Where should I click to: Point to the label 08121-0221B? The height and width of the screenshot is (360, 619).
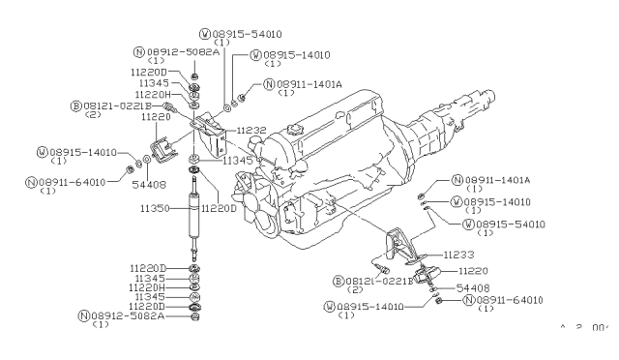[115, 105]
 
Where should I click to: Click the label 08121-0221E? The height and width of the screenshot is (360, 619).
[371, 281]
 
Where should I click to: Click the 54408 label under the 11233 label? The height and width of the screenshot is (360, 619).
[473, 288]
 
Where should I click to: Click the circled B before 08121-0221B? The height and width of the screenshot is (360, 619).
[74, 105]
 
